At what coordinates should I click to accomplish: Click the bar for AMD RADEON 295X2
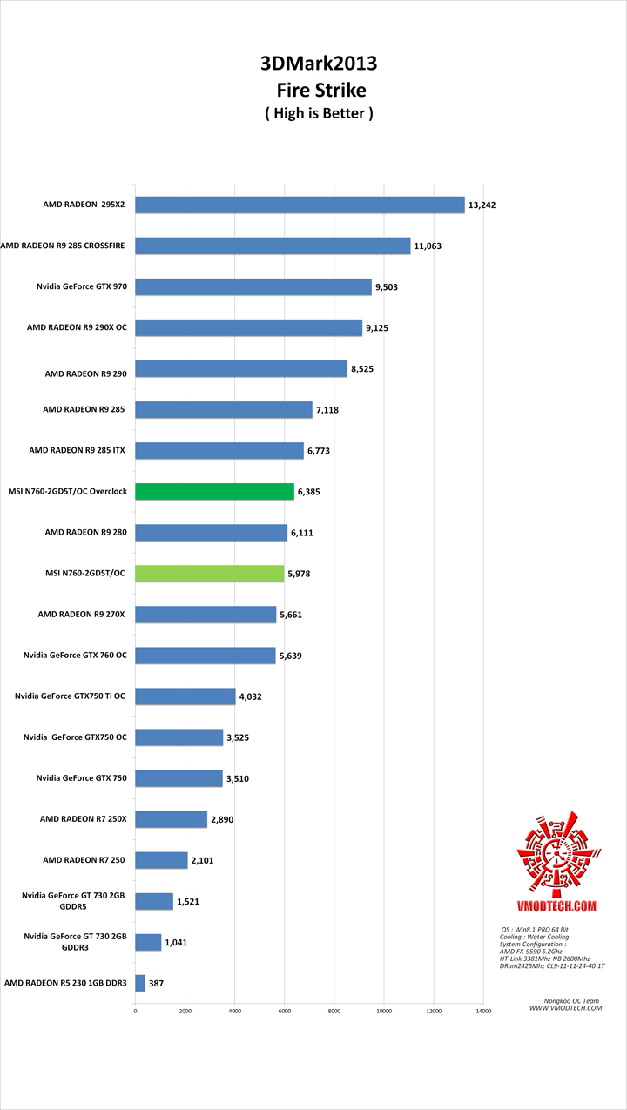click(x=300, y=205)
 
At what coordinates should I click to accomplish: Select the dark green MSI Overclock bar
click(x=214, y=492)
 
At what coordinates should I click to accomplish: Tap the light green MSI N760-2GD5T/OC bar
click(x=209, y=573)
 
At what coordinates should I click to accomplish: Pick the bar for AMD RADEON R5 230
click(x=139, y=983)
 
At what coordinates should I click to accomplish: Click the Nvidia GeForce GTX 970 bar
click(x=253, y=287)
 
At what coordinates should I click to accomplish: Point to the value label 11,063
click(x=428, y=246)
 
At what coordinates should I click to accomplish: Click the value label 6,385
click(x=310, y=492)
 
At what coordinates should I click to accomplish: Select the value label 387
click(x=156, y=983)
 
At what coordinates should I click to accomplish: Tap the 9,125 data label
click(x=379, y=328)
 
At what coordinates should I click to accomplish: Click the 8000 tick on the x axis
click(x=334, y=1012)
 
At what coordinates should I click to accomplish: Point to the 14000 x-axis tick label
click(x=483, y=1012)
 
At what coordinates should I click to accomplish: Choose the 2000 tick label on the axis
click(x=185, y=1012)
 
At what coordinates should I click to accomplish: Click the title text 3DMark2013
click(x=319, y=64)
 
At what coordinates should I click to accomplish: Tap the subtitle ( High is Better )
click(x=319, y=112)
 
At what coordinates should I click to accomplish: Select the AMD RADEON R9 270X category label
click(x=82, y=614)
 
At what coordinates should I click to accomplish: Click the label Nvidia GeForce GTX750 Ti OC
click(x=71, y=696)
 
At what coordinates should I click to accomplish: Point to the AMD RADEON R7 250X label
click(x=84, y=819)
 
